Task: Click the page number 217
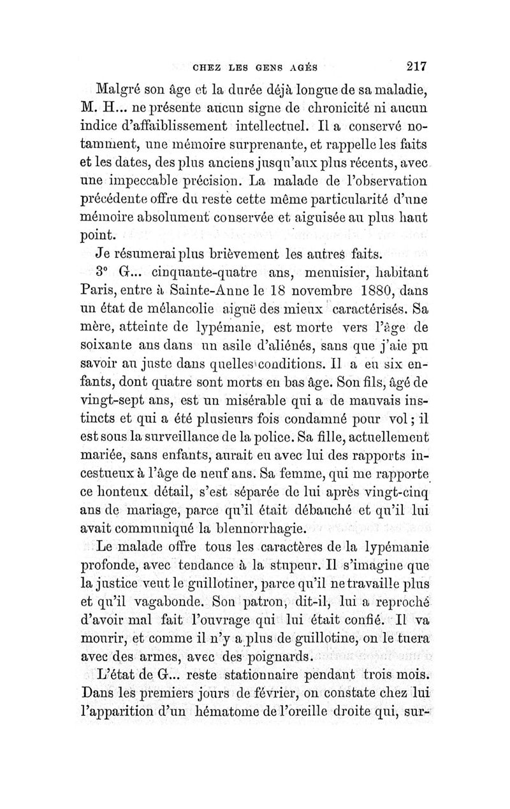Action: click(x=413, y=66)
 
